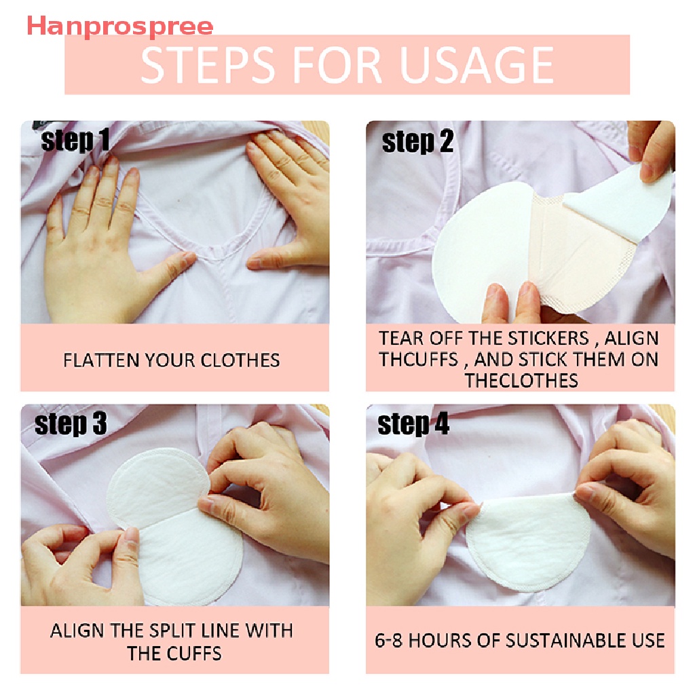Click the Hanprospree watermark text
[x=119, y=26]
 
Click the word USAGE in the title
[x=476, y=65]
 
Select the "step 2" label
[x=417, y=143]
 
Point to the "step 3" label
[x=71, y=424]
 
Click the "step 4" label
[x=413, y=425]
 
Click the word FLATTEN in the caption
[x=98, y=360]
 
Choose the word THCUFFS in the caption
[x=419, y=359]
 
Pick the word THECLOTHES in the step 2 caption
[x=521, y=380]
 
